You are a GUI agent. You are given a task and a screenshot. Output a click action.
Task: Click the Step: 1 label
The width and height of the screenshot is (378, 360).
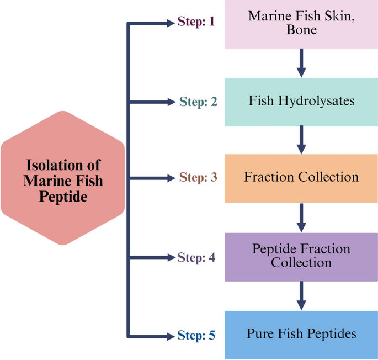(196, 22)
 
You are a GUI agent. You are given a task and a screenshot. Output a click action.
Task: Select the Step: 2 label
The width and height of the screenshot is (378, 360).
(198, 102)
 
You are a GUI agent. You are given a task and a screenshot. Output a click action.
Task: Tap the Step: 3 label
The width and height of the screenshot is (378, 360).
(198, 178)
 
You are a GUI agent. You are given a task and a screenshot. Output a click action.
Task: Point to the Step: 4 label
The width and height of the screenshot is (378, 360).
(196, 257)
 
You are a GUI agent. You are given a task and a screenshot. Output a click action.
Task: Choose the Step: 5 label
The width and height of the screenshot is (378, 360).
(196, 335)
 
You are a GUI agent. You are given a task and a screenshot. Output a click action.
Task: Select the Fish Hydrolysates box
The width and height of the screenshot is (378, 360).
(301, 102)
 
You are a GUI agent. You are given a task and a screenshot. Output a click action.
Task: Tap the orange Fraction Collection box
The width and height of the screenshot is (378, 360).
(301, 178)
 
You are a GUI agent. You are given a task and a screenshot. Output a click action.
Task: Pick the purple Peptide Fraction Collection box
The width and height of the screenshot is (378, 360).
(301, 256)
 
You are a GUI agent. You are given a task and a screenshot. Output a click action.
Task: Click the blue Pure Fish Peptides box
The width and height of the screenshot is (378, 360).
(301, 335)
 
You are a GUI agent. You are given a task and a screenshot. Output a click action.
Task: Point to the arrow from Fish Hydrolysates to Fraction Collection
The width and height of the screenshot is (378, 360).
(301, 140)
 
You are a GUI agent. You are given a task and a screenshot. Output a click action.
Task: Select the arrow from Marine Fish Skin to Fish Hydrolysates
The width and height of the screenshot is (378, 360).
(301, 62)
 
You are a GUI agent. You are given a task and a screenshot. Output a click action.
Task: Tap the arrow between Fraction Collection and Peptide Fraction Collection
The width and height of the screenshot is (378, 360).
(301, 218)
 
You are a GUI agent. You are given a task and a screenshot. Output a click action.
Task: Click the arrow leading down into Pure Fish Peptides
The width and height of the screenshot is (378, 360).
(301, 296)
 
